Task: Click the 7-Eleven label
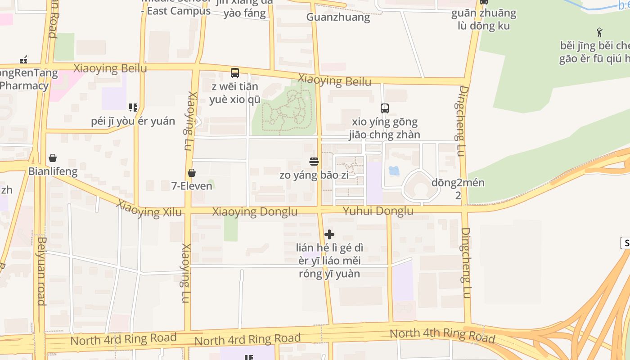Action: tap(192, 185)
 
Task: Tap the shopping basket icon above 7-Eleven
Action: tap(192, 173)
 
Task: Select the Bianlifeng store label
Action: tap(53, 171)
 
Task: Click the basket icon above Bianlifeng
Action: tap(53, 158)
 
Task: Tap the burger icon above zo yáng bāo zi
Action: tap(314, 162)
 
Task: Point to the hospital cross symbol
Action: tap(329, 234)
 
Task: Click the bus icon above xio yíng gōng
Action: tap(385, 108)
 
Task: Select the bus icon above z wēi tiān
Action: tap(234, 72)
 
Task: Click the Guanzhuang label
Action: tap(338, 17)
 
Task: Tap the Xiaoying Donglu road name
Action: tap(255, 211)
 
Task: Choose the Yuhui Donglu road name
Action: tap(378, 211)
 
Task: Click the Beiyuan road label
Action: tap(42, 271)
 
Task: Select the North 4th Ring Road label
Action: tap(442, 335)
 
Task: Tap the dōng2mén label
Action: tap(458, 183)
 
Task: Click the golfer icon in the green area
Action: tap(599, 32)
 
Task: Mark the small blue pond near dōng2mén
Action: tap(394, 171)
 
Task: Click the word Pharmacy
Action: tap(24, 85)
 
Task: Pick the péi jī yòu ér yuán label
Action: tap(133, 121)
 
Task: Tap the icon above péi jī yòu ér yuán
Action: tap(133, 108)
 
